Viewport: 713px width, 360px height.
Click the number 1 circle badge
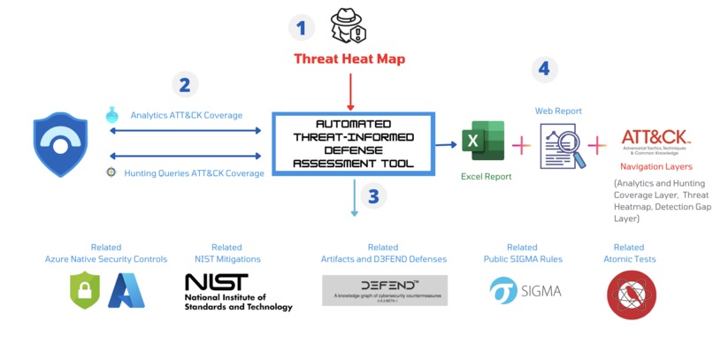(302, 27)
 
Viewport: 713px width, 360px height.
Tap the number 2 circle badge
(185, 85)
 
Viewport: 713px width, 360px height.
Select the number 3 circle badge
(373, 196)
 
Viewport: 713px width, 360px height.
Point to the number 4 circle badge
(545, 67)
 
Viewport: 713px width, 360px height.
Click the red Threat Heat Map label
(350, 59)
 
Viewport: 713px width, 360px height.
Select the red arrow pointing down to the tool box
(351, 92)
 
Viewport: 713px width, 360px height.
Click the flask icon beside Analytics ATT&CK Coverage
(111, 114)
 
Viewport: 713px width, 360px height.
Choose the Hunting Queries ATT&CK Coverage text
(194, 173)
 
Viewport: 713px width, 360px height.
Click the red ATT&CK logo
(655, 141)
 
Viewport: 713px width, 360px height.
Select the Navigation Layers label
(655, 166)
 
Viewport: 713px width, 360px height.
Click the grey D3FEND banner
(384, 290)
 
